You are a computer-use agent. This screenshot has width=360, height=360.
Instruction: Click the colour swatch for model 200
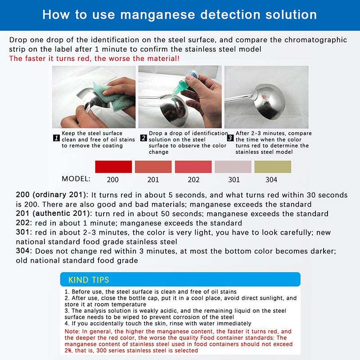click(113, 166)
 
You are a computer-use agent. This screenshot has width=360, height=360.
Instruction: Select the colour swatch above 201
click(153, 166)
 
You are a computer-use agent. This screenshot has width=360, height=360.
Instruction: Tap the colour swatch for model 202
click(193, 166)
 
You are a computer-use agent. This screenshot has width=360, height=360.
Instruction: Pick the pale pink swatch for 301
click(233, 166)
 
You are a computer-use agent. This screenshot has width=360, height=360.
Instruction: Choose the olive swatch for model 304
click(273, 166)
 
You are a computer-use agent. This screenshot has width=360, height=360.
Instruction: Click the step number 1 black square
click(57, 138)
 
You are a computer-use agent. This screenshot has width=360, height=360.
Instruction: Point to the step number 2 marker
click(144, 138)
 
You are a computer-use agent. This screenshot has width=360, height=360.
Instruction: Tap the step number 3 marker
click(230, 138)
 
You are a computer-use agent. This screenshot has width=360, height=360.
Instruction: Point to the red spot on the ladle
click(265, 96)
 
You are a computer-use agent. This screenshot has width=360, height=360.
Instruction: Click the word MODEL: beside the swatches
click(76, 179)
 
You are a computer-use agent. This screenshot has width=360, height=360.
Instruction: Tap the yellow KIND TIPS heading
click(89, 280)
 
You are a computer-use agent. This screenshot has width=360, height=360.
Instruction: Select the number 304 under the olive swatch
click(271, 180)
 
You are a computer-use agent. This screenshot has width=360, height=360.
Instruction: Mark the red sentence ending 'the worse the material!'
click(94, 58)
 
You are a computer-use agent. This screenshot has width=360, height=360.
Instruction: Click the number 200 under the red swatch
click(113, 180)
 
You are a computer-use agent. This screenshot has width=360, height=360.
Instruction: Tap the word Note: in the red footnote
click(72, 332)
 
